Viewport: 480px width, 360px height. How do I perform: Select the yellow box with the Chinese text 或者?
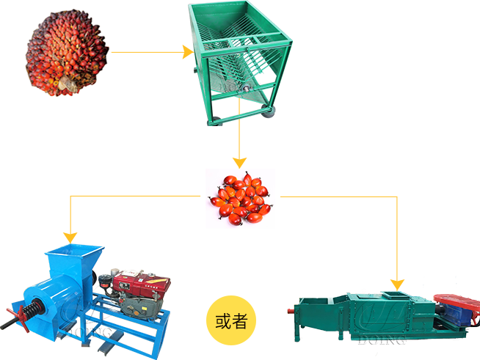(x=230, y=320)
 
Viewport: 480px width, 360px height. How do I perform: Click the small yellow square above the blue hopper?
(x=70, y=236)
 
